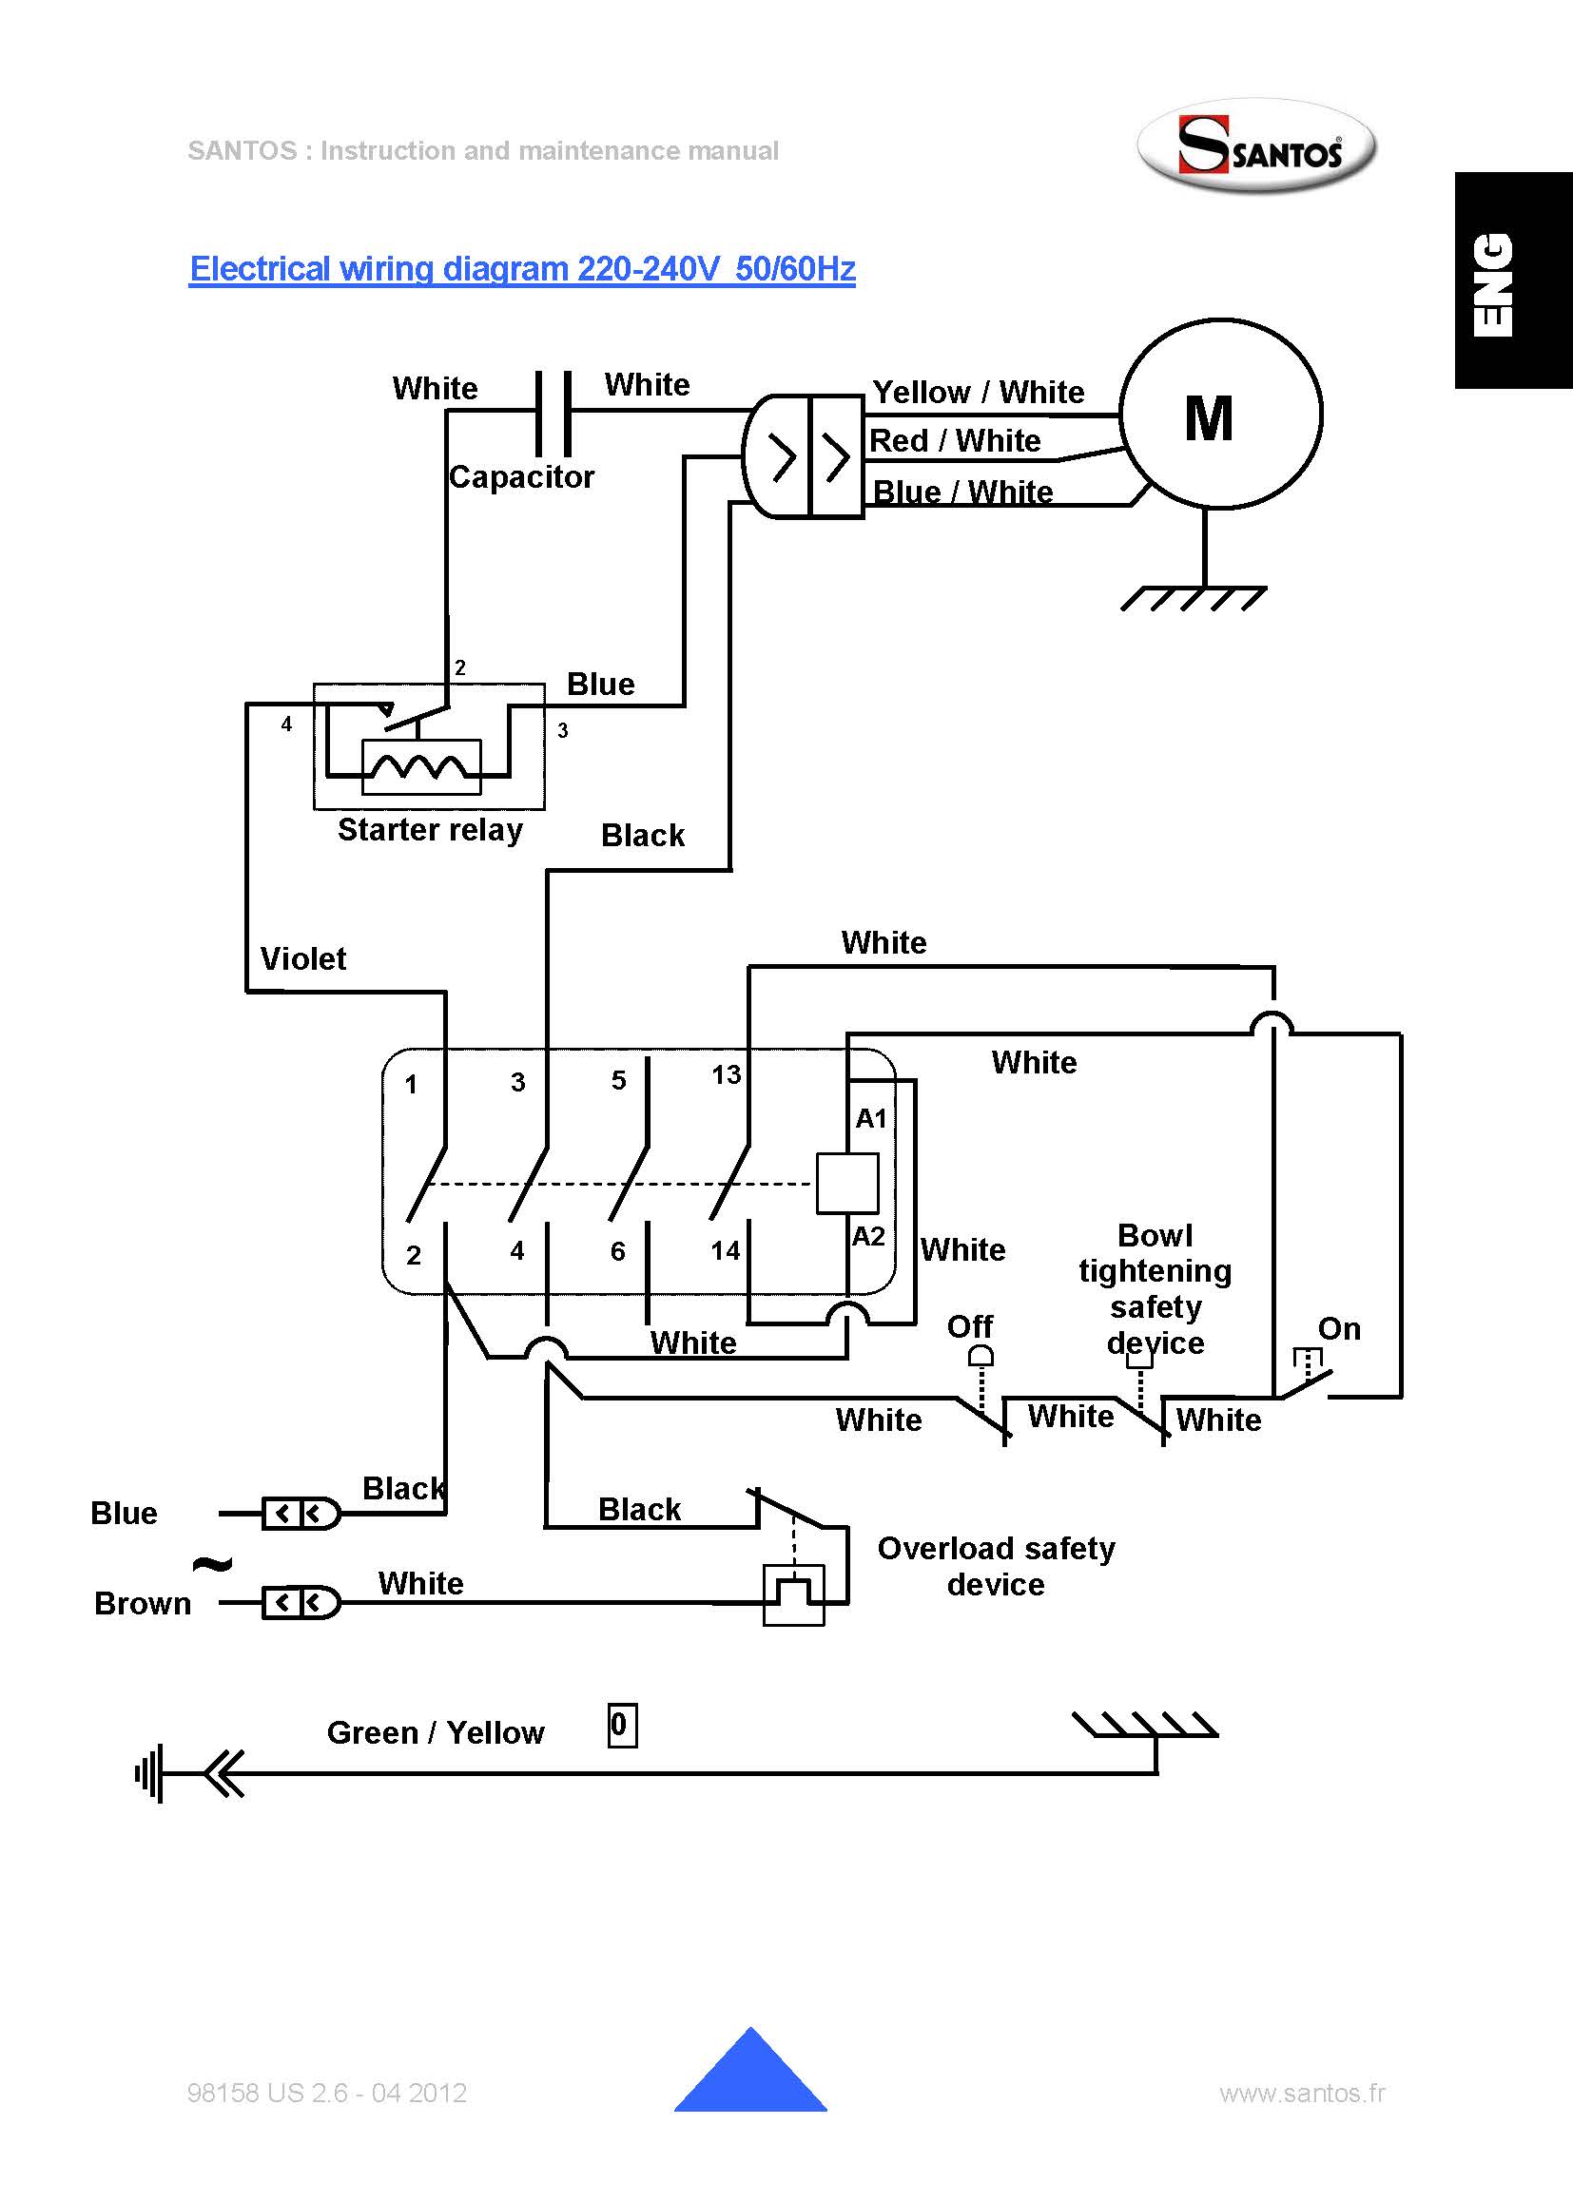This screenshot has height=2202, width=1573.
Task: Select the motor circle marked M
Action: (1219, 414)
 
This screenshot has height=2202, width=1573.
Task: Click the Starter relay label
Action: (430, 830)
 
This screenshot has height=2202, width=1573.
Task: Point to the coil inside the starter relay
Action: (420, 767)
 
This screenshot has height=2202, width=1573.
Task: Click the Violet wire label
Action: (303, 958)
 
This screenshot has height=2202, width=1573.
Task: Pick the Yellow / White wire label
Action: (979, 392)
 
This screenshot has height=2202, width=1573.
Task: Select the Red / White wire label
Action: (955, 440)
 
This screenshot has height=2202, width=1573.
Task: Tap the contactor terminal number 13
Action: (726, 1075)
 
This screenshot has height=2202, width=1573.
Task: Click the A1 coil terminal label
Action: (871, 1118)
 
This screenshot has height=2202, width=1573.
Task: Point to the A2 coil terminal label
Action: (868, 1237)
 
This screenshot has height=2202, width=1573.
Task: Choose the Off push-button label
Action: (969, 1326)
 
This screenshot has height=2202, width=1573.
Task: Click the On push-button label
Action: (1339, 1328)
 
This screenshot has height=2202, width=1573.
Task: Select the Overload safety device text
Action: (996, 1566)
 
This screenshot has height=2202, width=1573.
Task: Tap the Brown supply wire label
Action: (143, 1604)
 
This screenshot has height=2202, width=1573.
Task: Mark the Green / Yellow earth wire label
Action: (435, 1732)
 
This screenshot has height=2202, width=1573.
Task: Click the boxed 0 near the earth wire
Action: (622, 1725)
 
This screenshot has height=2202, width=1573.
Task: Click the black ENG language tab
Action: (1513, 280)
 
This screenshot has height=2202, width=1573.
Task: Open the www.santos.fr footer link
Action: (1302, 2094)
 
